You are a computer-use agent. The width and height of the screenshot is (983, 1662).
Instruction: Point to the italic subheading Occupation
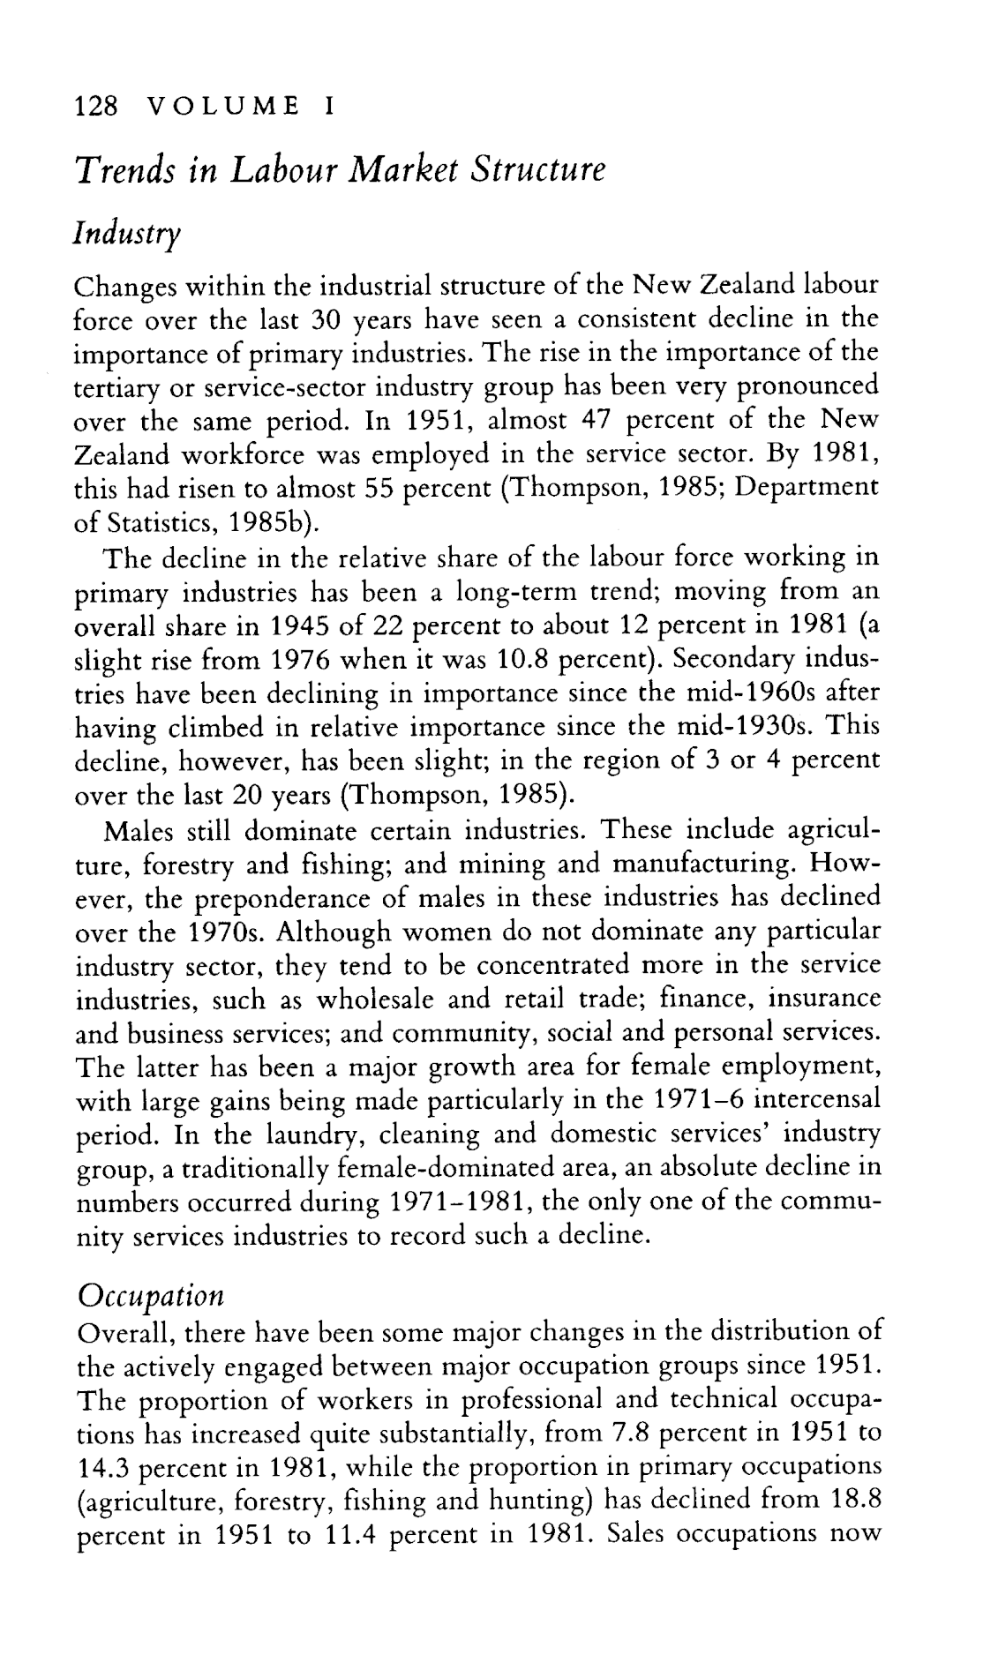coord(150,1295)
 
